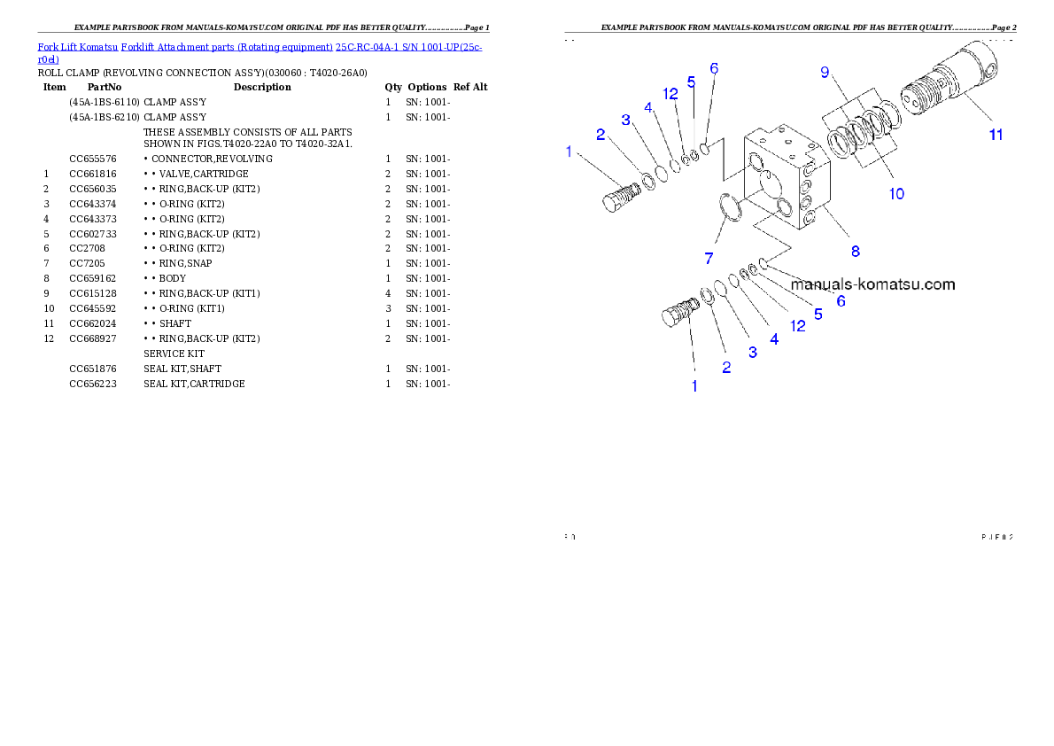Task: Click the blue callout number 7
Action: click(x=709, y=258)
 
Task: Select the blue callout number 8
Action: click(x=856, y=251)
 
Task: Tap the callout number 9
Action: click(x=825, y=73)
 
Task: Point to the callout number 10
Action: click(x=896, y=193)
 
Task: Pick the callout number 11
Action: click(x=996, y=135)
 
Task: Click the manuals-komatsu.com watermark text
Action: click(x=872, y=284)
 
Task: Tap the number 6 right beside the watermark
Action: click(x=841, y=301)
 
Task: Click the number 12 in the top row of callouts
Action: click(x=670, y=93)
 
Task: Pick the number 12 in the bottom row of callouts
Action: click(x=798, y=325)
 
